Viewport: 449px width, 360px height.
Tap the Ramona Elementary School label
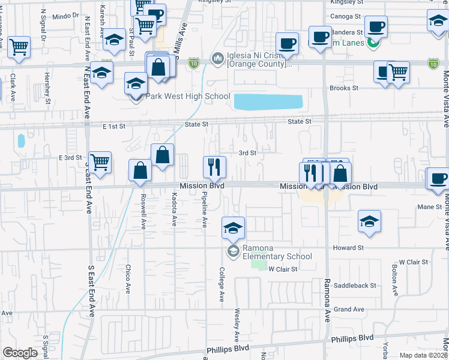coord(277,253)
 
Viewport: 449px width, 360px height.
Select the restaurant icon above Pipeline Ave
coord(214,166)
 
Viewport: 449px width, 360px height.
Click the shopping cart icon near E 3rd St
coord(100,161)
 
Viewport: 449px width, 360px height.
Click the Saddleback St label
coord(355,286)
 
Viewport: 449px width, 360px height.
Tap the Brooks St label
coord(344,88)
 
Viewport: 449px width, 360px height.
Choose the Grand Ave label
coord(349,310)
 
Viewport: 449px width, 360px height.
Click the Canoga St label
coord(345,17)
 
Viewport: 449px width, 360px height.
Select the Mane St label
coord(429,207)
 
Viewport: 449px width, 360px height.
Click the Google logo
coord(20,353)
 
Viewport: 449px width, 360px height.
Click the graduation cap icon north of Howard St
coord(369,221)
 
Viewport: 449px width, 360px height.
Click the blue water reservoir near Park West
coord(267,102)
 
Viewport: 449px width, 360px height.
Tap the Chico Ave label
coord(128,275)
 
